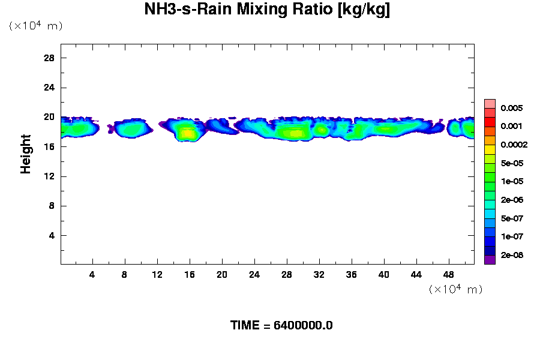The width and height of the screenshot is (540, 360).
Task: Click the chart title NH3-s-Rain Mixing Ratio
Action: [267, 10]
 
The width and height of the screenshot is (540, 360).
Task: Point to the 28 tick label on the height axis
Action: [49, 58]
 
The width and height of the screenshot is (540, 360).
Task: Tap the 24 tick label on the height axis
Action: [49, 88]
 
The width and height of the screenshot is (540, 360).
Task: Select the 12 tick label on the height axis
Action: [49, 176]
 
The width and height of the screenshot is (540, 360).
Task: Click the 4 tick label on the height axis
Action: [52, 236]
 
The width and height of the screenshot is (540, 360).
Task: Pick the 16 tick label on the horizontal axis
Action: [190, 274]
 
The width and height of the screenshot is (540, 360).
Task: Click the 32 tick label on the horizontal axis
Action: [319, 274]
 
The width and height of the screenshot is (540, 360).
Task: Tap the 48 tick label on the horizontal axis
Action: [449, 274]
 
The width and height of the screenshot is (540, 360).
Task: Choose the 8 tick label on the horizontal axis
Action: [125, 274]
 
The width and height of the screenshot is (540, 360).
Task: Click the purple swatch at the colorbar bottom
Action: [490, 260]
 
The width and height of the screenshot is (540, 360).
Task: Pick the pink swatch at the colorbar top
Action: [490, 103]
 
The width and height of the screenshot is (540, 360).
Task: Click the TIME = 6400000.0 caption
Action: [281, 325]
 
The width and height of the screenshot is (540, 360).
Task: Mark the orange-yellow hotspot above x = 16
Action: [188, 134]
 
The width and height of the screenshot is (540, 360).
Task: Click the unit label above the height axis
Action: [35, 26]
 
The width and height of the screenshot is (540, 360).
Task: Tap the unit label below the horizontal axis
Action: [455, 289]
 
